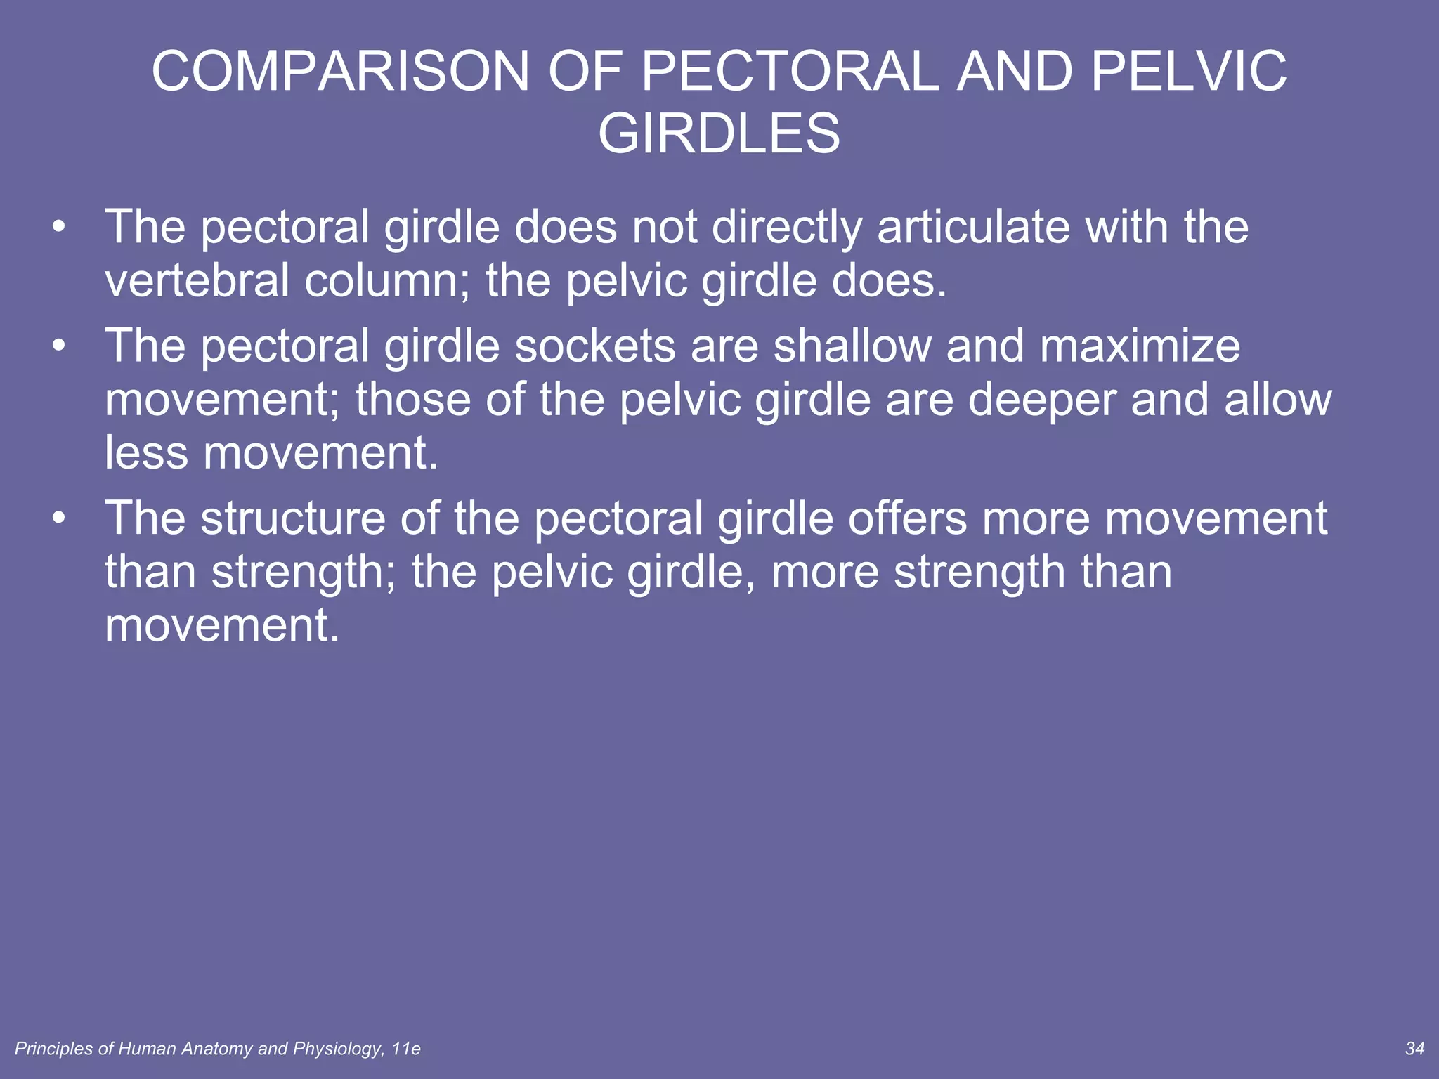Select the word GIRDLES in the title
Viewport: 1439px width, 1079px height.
click(719, 133)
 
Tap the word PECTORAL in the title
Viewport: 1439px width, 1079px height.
click(790, 72)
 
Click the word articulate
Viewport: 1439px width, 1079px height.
click(973, 228)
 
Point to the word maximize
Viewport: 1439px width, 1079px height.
click(1140, 346)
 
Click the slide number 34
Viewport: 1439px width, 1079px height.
click(1414, 1049)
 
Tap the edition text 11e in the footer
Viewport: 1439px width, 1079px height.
click(406, 1049)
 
